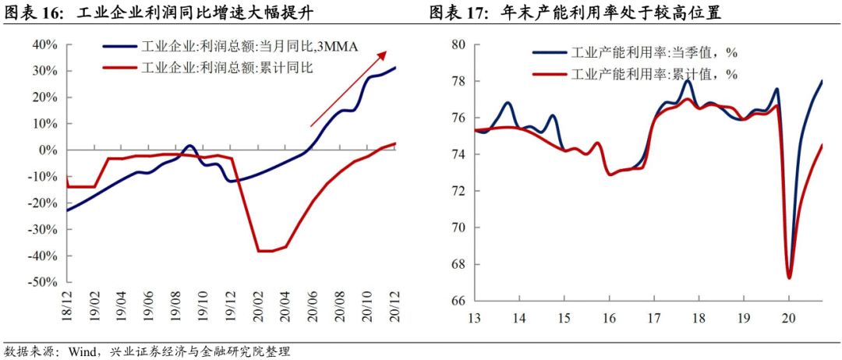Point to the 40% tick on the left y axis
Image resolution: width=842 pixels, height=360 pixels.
[46, 44]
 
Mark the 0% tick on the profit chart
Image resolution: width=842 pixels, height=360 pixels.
[49, 150]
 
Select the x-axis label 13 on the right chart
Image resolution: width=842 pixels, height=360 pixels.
[474, 318]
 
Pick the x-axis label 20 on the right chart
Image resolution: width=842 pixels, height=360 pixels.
[789, 318]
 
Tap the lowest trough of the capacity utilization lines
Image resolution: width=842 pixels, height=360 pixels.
[789, 277]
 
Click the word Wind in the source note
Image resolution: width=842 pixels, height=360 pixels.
[81, 351]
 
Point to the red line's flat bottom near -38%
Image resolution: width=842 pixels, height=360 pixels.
[265, 251]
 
